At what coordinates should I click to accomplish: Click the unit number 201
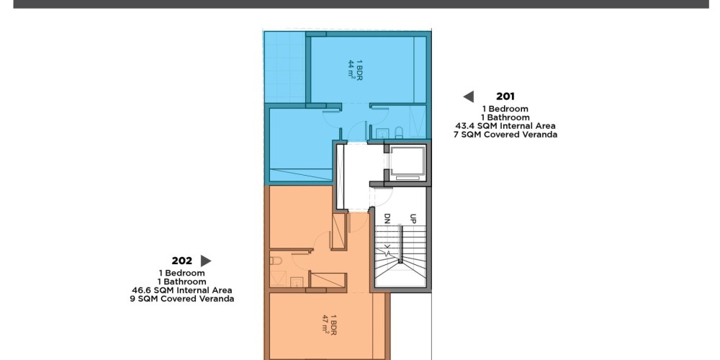pos(505,96)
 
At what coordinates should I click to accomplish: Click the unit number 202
pos(182,261)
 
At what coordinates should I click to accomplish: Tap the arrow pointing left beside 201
pos(469,96)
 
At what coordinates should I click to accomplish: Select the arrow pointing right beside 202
pos(206,261)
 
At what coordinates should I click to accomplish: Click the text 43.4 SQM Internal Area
pos(505,126)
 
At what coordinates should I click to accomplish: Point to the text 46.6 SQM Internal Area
pos(182,290)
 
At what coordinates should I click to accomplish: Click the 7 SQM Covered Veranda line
pos(505,135)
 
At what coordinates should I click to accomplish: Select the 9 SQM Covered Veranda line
pos(182,299)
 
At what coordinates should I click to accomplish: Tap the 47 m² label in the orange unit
pos(325,325)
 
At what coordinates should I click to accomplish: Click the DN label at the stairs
pos(387,219)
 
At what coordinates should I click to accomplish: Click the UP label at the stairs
pos(413,219)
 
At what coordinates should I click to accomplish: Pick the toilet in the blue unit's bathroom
pos(399,132)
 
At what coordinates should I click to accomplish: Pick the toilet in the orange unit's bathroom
pos(276,261)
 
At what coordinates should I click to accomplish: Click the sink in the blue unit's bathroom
pos(382,133)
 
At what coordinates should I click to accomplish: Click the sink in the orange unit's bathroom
pos(297,282)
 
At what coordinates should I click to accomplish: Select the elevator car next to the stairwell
pos(408,163)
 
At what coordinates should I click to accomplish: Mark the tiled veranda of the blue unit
pos(284,67)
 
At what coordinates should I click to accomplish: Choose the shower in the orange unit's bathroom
pos(278,278)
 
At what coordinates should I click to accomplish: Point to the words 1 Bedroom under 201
pos(505,109)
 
